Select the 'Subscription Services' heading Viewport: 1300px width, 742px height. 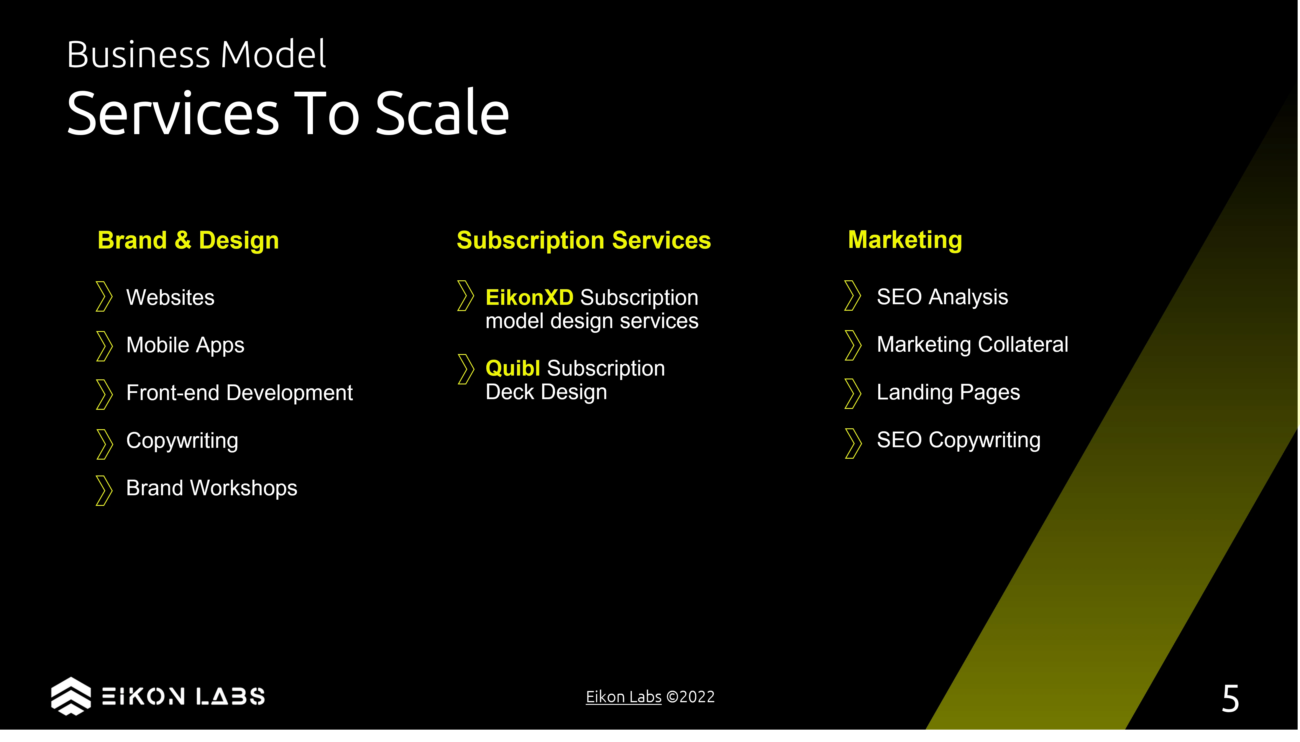point(583,241)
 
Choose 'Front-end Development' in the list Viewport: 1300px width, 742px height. point(239,393)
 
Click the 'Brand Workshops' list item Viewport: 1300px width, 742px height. point(211,488)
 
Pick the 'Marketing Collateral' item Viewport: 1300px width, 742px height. point(972,345)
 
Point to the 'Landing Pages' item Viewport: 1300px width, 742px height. point(948,392)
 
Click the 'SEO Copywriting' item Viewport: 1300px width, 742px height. point(958,440)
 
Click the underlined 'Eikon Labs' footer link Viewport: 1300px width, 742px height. point(623,697)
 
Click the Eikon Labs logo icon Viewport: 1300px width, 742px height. point(71,696)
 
